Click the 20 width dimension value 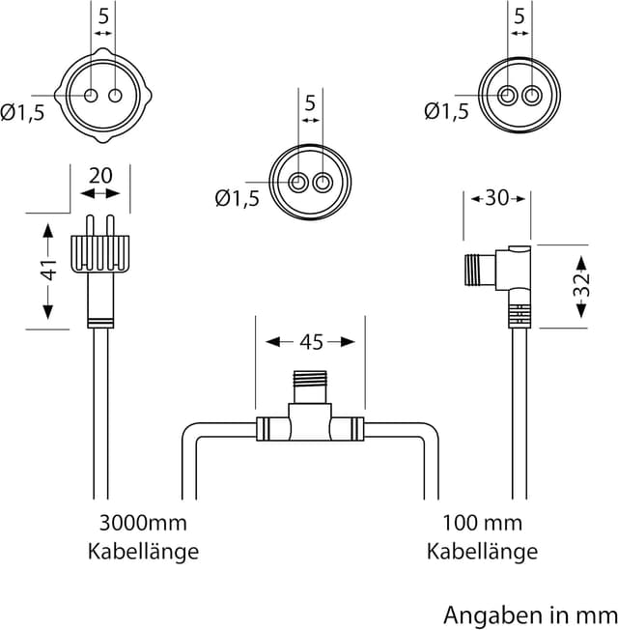[x=100, y=176]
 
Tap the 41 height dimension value [x=48, y=270]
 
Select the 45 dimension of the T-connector [x=311, y=342]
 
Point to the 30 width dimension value [x=496, y=198]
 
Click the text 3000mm [x=143, y=523]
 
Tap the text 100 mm [x=482, y=523]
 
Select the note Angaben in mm [x=530, y=616]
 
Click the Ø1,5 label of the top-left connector [x=22, y=113]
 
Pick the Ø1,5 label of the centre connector [x=238, y=198]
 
